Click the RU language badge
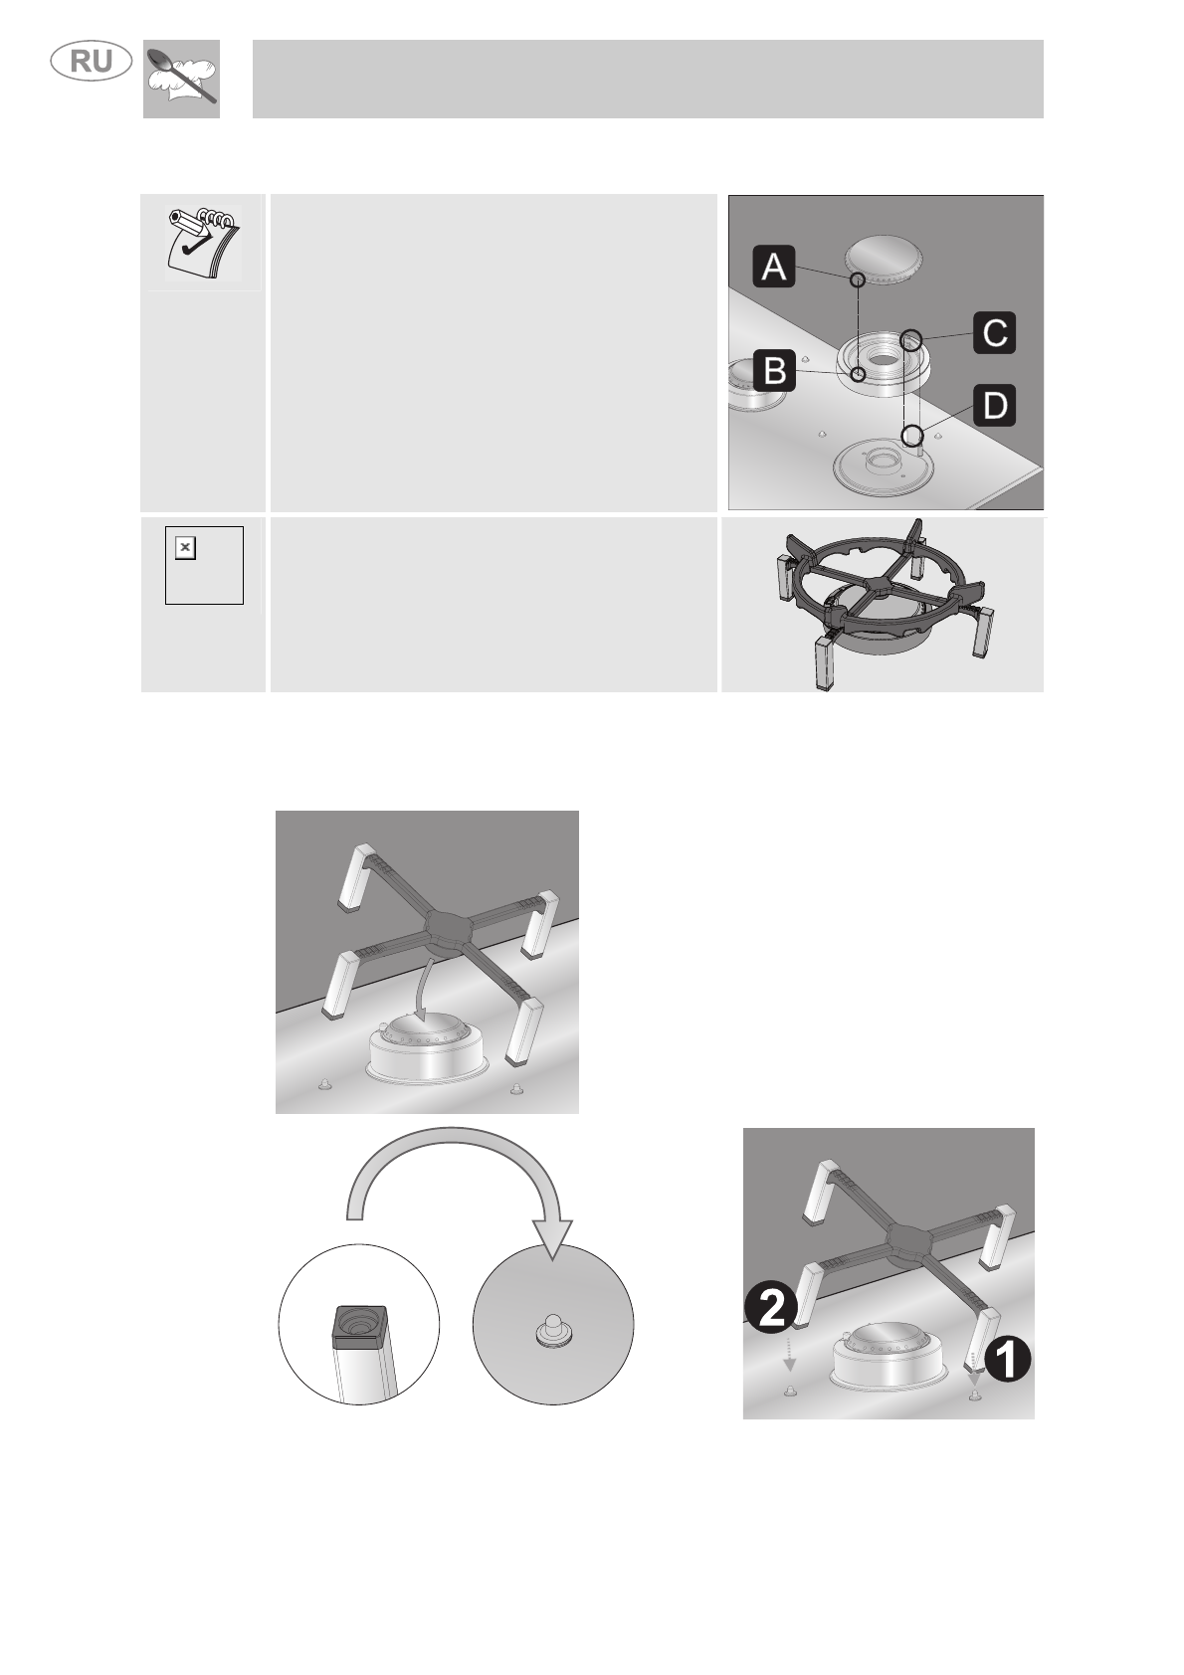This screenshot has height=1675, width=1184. [92, 62]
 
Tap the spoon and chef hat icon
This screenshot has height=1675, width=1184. [182, 79]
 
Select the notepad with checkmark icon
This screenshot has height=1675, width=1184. [203, 243]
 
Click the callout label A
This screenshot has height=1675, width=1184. [773, 267]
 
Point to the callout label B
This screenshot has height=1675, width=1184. [775, 369]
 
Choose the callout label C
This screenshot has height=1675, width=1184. [994, 332]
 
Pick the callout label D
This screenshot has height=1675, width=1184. [994, 405]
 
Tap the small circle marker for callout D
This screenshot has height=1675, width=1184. [911, 435]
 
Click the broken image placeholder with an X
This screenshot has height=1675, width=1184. [185, 547]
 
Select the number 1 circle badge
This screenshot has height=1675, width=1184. [1007, 1360]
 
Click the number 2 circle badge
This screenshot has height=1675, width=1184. [770, 1307]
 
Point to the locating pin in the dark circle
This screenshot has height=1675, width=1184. [553, 1328]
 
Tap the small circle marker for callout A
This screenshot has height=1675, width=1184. [858, 279]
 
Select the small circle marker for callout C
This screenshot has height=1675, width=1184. [911, 340]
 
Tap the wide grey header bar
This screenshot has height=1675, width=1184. [648, 79]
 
